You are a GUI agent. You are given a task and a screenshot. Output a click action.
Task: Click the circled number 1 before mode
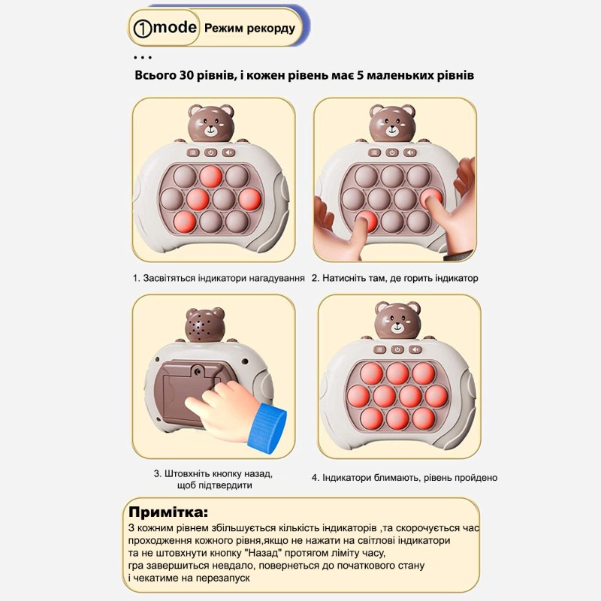[x=142, y=29]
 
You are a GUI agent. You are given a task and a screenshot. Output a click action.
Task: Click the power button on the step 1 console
[x=211, y=152]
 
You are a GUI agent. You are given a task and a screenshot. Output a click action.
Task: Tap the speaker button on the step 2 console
[x=410, y=152]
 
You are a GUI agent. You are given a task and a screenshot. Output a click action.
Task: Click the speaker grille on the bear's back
[x=198, y=327]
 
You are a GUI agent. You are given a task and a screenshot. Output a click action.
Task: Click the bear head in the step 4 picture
[x=397, y=321]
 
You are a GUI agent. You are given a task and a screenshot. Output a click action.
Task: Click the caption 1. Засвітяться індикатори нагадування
[x=219, y=278]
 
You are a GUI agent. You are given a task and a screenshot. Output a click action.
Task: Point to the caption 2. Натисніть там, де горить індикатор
[x=395, y=278]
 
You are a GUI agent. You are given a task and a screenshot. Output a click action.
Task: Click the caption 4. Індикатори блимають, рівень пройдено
[x=404, y=477]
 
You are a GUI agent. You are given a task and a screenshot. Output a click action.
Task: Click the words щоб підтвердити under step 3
[x=213, y=485]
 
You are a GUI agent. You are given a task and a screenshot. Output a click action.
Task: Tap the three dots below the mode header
[x=142, y=57]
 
